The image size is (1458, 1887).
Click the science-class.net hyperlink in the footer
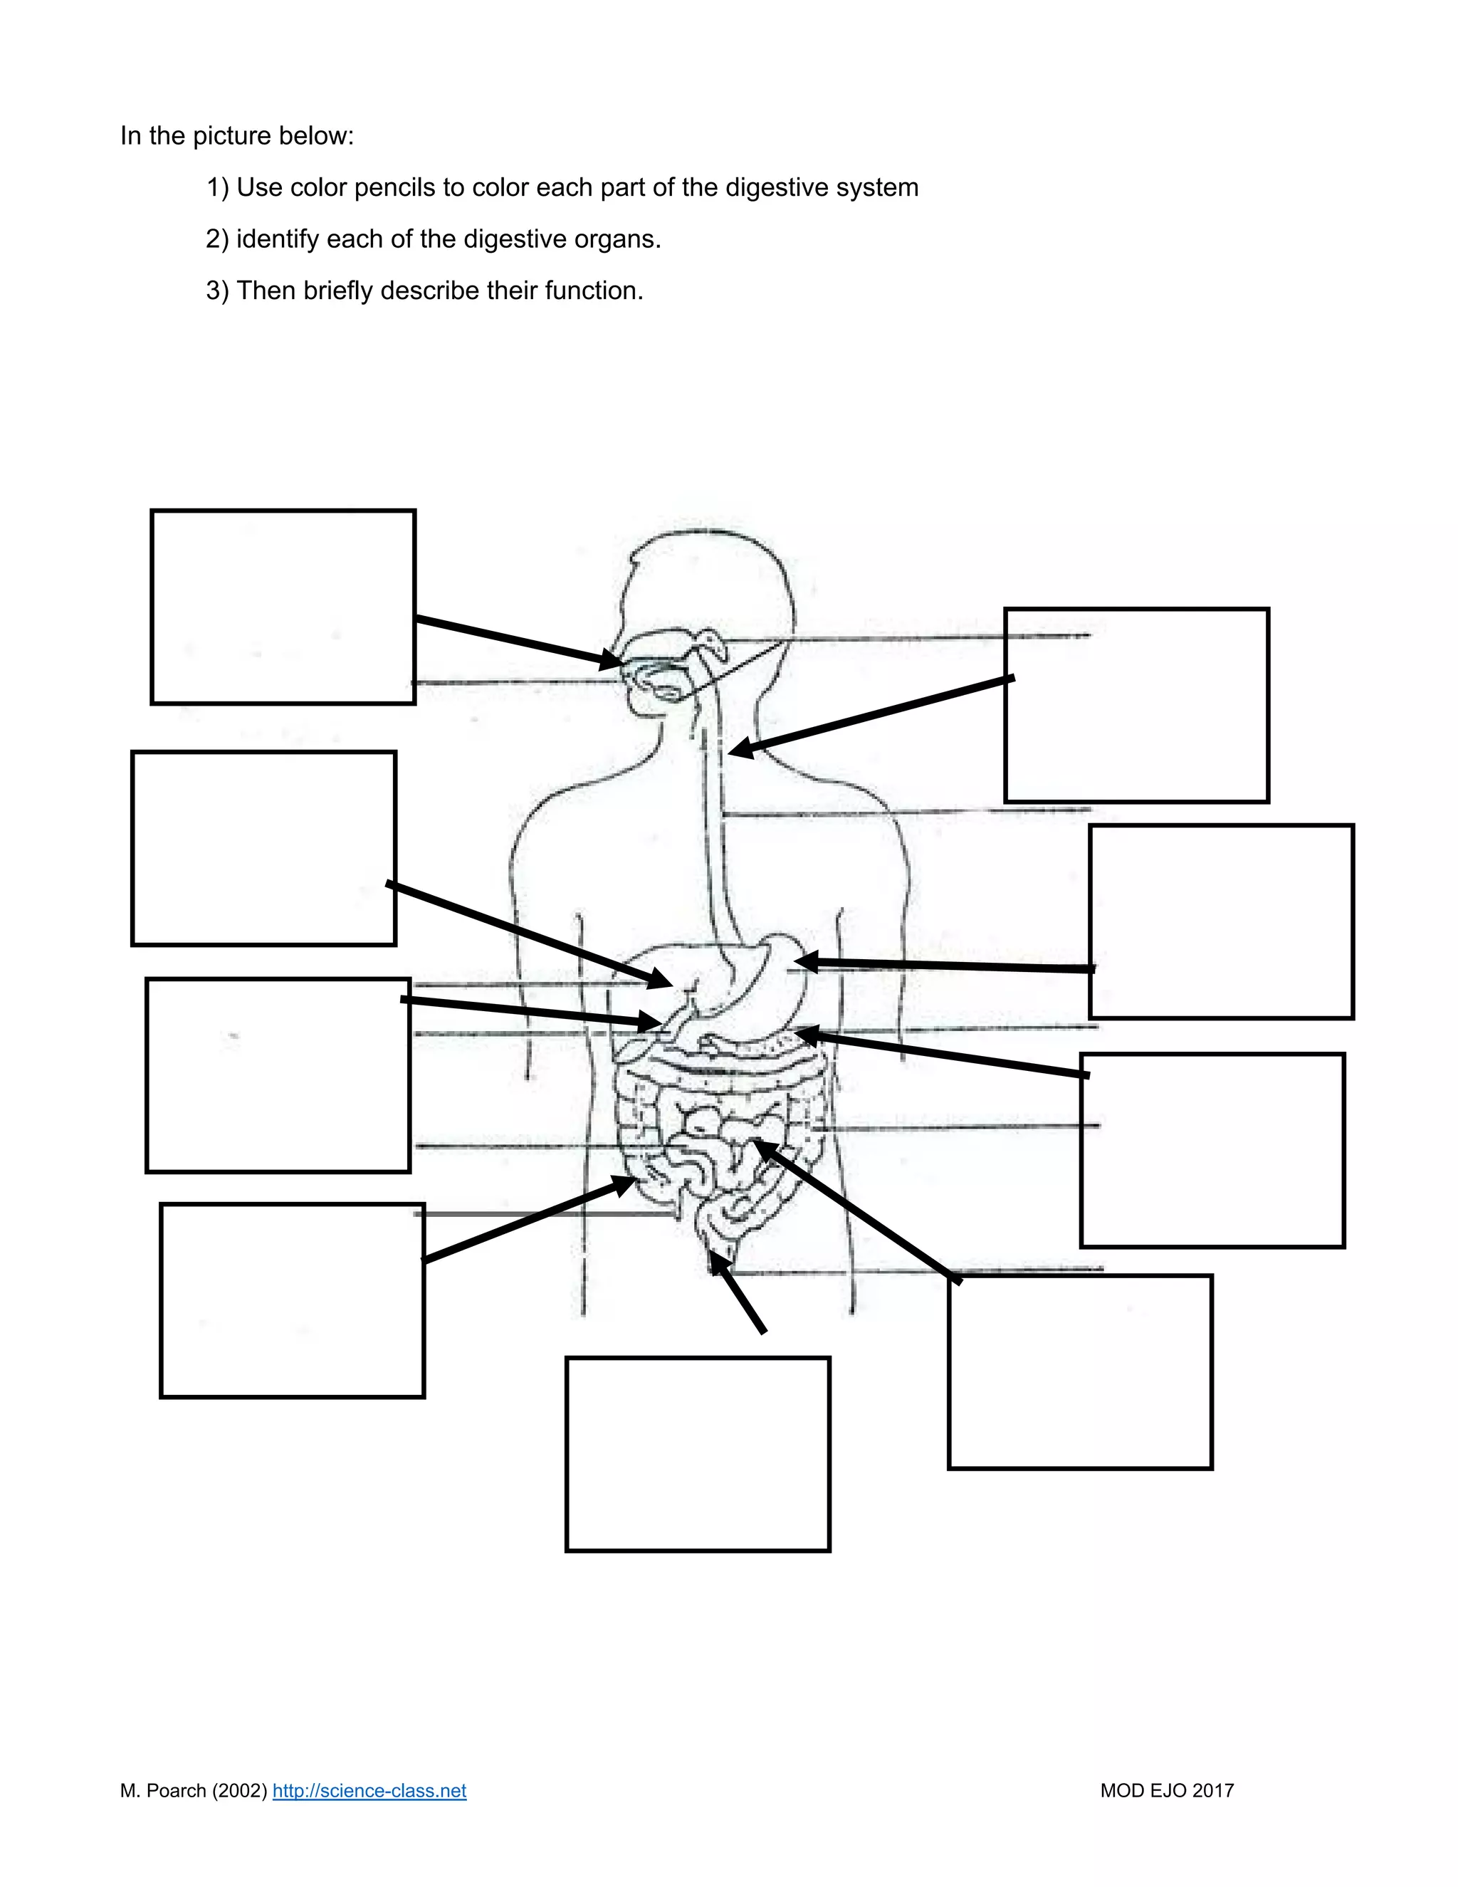tap(369, 1791)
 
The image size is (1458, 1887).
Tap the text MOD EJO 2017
tap(1166, 1791)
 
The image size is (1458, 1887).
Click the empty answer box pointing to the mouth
tap(283, 607)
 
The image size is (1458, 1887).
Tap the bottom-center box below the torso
tap(698, 1454)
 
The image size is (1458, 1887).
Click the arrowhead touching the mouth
tap(612, 661)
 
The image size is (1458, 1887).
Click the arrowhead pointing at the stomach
tap(806, 961)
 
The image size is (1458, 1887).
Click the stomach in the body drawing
tap(769, 976)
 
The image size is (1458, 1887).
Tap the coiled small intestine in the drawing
tap(717, 1141)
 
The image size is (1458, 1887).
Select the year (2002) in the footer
tap(239, 1791)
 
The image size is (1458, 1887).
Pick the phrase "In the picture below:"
tap(236, 135)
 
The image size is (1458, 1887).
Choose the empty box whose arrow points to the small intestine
tap(1080, 1371)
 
